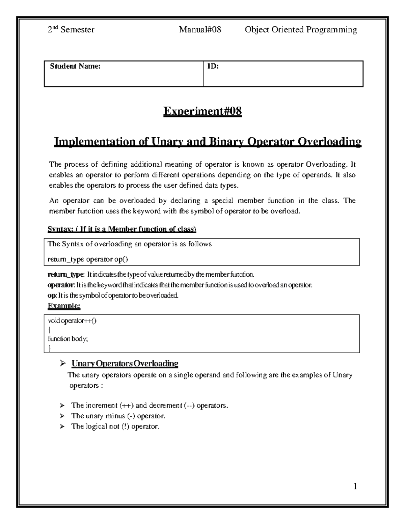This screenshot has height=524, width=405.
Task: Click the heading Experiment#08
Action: [202, 111]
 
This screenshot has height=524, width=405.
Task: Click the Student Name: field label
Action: [75, 66]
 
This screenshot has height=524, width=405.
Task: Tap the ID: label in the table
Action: [213, 66]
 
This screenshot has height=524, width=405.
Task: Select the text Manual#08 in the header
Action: [200, 30]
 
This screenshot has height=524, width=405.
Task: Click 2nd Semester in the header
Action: [71, 30]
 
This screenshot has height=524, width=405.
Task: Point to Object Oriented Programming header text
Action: [301, 30]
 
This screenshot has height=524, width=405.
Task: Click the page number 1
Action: [355, 486]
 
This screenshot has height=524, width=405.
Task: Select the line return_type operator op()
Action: [88, 259]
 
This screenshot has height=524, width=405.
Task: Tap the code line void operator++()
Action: [72, 321]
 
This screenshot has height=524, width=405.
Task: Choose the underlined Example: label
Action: [64, 306]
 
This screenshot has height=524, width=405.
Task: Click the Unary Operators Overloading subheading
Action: [125, 363]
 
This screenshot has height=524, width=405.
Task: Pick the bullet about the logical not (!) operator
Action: [115, 426]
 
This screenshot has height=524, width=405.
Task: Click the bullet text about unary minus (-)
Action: [118, 416]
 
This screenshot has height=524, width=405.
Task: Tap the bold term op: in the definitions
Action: [52, 296]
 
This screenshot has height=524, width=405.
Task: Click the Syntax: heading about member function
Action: [122, 229]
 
